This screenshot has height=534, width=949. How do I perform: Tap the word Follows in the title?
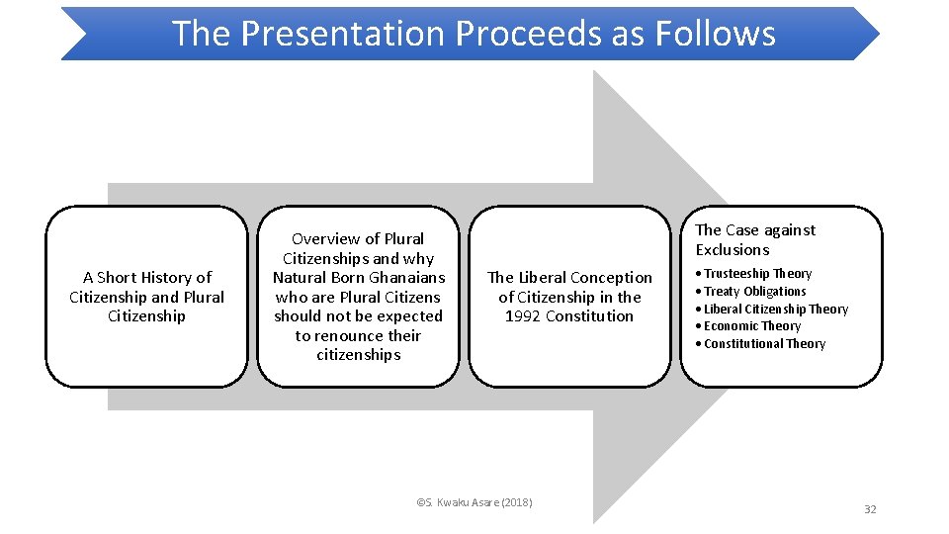[715, 34]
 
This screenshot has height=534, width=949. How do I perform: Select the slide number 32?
[870, 509]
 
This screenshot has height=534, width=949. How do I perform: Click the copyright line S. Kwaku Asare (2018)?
[474, 502]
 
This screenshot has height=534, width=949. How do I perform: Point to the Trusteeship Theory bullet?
[757, 274]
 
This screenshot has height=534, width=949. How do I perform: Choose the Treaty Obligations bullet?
[754, 292]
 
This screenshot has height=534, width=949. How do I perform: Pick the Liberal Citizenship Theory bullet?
[775, 310]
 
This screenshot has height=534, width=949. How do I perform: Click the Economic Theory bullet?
[752, 326]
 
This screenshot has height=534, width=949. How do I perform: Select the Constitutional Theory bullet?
[764, 344]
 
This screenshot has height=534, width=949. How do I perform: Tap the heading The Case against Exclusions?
[755, 240]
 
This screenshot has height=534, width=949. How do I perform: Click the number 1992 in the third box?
[521, 316]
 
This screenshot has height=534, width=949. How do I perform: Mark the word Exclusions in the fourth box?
[732, 250]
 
